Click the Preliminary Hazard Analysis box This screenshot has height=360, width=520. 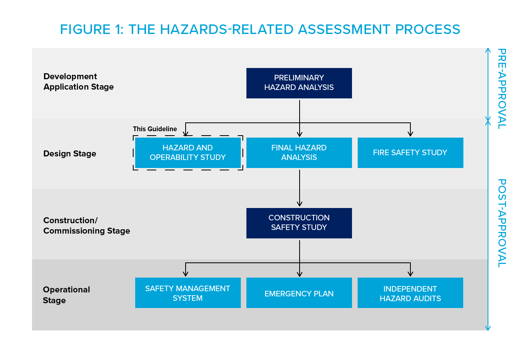click(299, 83)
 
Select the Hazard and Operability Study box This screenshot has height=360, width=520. click(188, 153)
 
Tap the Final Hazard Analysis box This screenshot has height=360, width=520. click(299, 153)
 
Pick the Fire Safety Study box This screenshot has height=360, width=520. click(410, 153)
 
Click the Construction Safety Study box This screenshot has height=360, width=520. click(299, 223)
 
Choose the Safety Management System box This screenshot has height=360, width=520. click(188, 293)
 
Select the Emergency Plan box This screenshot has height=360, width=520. click(299, 293)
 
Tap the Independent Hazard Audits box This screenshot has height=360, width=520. click(410, 293)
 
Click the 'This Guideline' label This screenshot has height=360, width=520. click(155, 129)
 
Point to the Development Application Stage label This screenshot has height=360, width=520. click(78, 82)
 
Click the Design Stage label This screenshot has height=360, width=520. click(70, 154)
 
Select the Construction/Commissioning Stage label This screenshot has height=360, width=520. click(86, 226)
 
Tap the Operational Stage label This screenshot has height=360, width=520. click(66, 295)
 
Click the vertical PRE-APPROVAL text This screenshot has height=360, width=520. click(501, 88)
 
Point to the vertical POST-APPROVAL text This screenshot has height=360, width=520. click(501, 223)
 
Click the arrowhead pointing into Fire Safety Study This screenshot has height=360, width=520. click(410, 134)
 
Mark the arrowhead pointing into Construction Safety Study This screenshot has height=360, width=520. click(299, 204)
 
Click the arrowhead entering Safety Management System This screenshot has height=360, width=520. click(186, 274)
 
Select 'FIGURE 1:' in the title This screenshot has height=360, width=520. click(92, 30)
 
